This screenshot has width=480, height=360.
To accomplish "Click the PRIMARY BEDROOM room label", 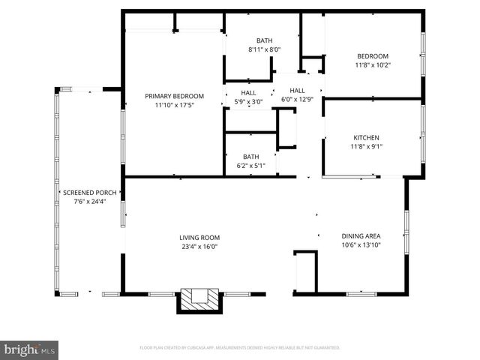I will (x=174, y=96).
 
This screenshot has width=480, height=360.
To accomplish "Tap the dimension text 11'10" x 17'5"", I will (x=174, y=106).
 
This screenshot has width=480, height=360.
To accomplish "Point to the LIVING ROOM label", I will (x=199, y=237).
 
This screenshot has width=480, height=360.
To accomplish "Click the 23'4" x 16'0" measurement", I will (x=199, y=247).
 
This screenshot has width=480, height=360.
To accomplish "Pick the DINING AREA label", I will (x=361, y=235).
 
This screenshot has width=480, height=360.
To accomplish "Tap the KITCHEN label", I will (x=367, y=137).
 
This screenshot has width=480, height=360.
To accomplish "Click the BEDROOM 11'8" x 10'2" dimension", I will (x=372, y=65).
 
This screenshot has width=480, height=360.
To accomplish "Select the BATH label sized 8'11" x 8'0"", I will (x=264, y=40).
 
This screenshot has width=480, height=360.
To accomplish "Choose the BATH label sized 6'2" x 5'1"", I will (x=250, y=157).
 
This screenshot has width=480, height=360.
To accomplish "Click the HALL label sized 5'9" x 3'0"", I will (x=248, y=93).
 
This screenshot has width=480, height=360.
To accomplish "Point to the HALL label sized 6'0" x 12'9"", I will (x=297, y=90).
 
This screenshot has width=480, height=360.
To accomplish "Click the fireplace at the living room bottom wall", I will (x=199, y=300).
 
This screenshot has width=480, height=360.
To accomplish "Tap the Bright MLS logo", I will (x=30, y=349).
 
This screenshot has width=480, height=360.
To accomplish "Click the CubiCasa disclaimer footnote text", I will (x=240, y=348).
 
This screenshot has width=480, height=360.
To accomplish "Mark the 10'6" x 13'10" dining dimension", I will (x=361, y=244).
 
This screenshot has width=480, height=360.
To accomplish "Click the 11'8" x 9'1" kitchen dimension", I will (x=367, y=147).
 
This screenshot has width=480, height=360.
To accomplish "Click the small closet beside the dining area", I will (x=304, y=271).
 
